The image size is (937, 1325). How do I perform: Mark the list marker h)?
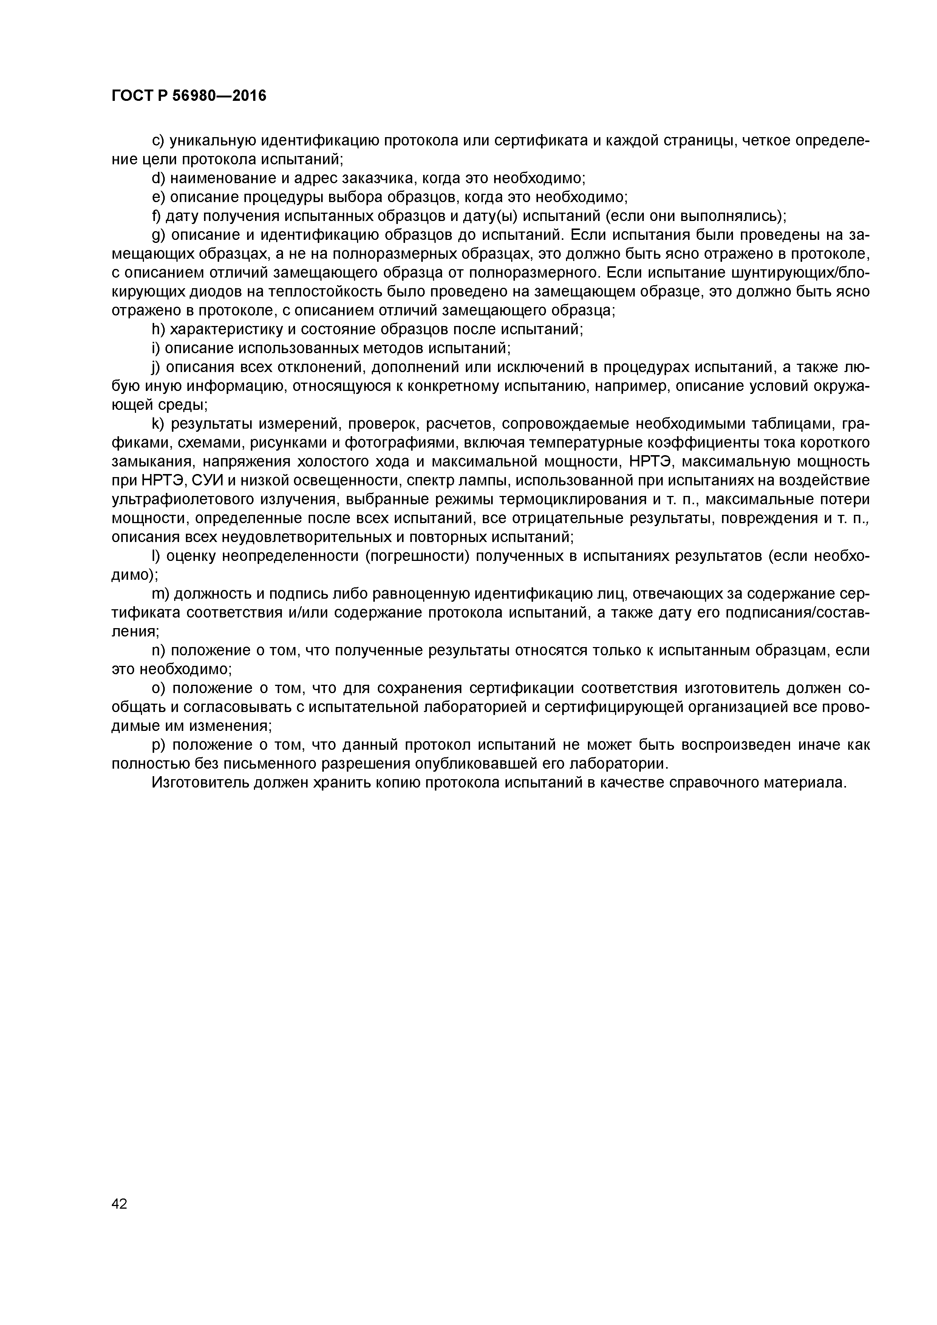(158, 329)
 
